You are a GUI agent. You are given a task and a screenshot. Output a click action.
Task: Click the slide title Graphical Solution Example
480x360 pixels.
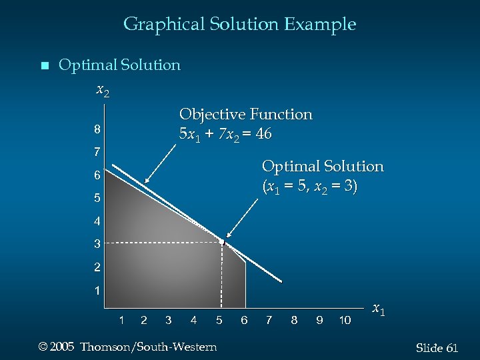coord(239,25)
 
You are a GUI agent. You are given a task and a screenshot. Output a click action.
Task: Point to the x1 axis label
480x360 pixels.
coord(378,309)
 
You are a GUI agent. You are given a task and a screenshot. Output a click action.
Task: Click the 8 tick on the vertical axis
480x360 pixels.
coord(97,129)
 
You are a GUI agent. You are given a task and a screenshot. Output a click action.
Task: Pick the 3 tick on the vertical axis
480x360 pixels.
coord(97,244)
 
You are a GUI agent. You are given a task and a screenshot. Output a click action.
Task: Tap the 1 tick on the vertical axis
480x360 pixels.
coord(97,291)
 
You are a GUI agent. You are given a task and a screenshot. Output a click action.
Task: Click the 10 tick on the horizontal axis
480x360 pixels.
coord(345,321)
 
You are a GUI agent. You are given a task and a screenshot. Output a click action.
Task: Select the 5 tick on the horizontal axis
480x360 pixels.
coord(219,321)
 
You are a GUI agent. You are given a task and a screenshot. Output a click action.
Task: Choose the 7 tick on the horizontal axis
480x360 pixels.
coord(269,321)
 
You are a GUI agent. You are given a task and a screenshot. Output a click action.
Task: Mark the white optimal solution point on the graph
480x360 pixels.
coord(222,241)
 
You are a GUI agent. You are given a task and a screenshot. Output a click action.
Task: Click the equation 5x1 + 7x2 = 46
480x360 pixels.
coord(225,134)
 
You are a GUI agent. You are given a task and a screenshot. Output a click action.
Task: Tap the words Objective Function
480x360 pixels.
coord(245,115)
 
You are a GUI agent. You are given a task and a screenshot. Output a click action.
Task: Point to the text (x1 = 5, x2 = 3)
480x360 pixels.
coord(309,187)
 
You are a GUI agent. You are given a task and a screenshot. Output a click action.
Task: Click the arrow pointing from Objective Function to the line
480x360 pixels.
coord(161,160)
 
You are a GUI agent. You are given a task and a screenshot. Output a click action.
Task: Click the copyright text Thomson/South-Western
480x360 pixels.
coord(148,347)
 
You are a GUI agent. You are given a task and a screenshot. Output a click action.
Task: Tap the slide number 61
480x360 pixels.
coord(451,348)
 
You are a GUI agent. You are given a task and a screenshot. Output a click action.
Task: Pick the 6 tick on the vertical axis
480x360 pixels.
coord(97,175)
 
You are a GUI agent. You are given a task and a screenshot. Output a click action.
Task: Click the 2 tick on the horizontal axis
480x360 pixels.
coord(144,321)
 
